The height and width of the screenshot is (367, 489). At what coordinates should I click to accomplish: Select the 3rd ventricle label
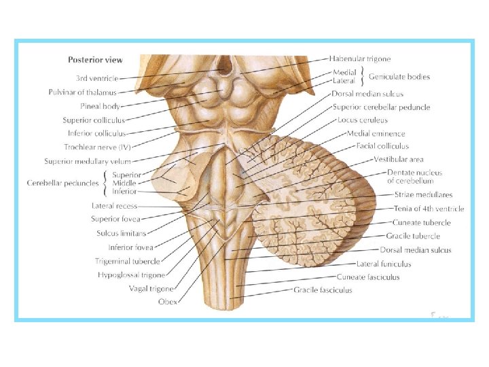(x=97, y=78)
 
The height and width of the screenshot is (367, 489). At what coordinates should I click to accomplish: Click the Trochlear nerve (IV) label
(x=97, y=147)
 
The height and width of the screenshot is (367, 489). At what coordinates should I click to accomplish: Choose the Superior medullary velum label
(x=88, y=162)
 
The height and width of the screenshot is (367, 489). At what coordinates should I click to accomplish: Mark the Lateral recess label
(x=114, y=205)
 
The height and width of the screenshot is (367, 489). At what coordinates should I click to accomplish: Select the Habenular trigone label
(x=360, y=59)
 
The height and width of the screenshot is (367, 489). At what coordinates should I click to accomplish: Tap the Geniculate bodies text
(x=399, y=77)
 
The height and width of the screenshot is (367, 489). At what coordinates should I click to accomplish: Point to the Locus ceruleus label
(x=362, y=120)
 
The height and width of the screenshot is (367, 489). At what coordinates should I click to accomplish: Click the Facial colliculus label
(x=382, y=146)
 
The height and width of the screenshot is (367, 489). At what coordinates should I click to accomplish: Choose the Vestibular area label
(x=398, y=160)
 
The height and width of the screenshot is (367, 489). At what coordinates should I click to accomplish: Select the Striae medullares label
(x=422, y=195)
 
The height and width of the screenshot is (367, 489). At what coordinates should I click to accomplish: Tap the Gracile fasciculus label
(x=323, y=290)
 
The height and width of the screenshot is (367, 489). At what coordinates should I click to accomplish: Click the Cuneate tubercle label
(x=420, y=222)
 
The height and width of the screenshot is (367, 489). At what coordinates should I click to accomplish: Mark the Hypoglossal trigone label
(x=130, y=275)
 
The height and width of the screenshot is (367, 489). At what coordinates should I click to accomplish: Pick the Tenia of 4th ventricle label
(x=429, y=209)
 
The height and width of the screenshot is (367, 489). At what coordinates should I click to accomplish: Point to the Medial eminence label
(x=376, y=133)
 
